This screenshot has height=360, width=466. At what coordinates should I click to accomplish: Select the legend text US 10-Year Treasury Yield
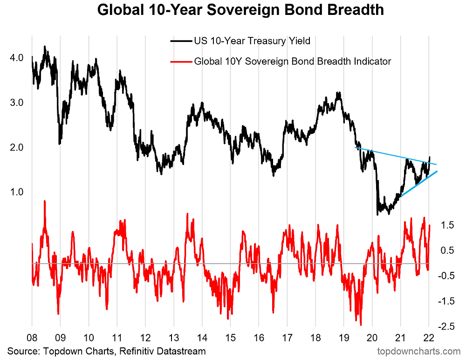(x=252, y=41)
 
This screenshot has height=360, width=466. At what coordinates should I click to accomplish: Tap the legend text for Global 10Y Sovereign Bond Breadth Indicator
(x=292, y=61)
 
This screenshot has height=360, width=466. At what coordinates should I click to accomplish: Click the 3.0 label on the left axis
(x=16, y=102)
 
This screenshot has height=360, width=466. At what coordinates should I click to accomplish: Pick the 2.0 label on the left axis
(x=16, y=147)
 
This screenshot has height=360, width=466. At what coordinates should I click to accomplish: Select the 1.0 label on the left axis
(x=16, y=192)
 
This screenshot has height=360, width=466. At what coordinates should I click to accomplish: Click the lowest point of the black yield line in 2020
(x=377, y=215)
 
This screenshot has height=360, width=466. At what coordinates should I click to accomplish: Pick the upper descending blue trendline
(x=396, y=156)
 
